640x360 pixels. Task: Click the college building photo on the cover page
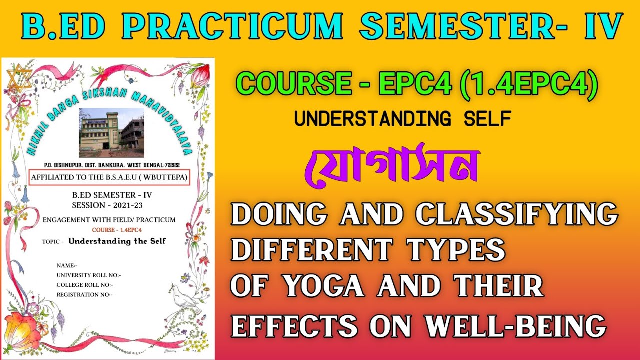click(112, 132)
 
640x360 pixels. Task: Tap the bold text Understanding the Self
click(117, 241)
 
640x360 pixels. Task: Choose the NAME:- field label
click(67, 265)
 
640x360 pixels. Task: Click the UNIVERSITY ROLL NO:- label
click(89, 275)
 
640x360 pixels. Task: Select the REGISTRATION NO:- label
click(85, 294)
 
